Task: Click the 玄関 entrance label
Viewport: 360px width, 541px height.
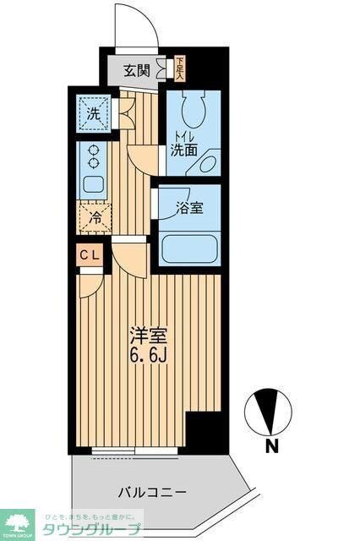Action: coord(139,71)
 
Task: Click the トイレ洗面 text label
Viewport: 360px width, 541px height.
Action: coord(186,145)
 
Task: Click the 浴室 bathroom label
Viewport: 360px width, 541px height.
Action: coord(189,206)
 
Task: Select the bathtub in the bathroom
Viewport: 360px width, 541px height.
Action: coord(190,250)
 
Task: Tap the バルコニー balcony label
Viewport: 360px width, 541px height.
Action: coord(151,492)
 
